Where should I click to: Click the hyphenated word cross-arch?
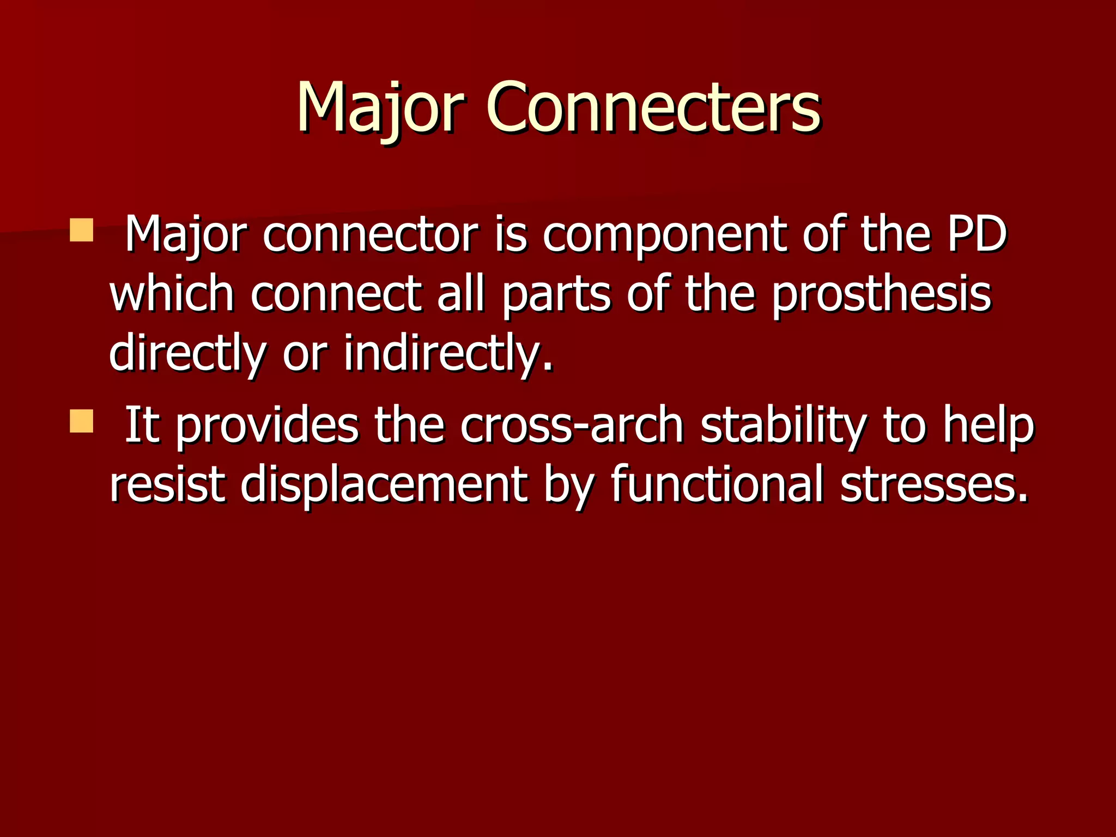click(x=572, y=425)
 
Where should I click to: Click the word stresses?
click(x=934, y=485)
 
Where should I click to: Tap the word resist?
click(x=167, y=484)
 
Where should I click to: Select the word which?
click(x=172, y=294)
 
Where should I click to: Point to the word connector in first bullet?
click(x=371, y=235)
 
